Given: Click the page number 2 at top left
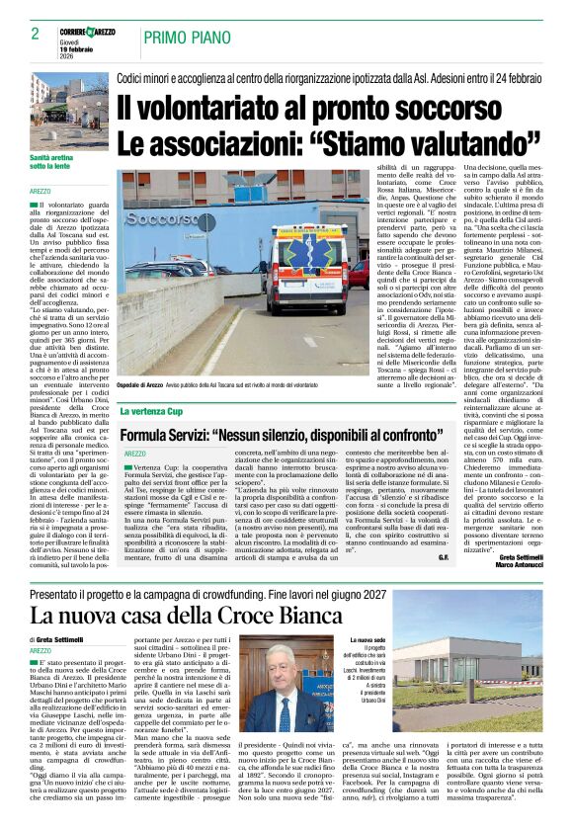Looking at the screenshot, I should click(x=21, y=33).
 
